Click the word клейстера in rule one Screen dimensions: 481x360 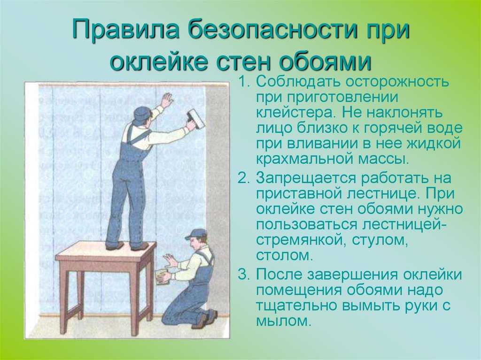295,113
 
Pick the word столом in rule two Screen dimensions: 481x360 284,255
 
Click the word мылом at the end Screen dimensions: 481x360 282,321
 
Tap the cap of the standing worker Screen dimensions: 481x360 142,113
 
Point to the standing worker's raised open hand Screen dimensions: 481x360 167,100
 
